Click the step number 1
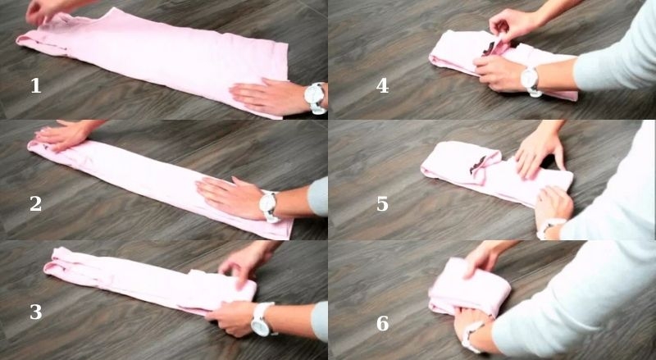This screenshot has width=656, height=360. click(x=35, y=85)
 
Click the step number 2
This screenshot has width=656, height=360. click(x=35, y=204)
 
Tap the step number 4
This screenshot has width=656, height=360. click(x=382, y=85)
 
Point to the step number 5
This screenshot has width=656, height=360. click(x=382, y=204)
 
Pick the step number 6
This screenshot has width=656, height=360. click(x=382, y=323)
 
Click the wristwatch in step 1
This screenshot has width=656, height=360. click(x=315, y=98)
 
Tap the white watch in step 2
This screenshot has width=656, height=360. click(x=268, y=205)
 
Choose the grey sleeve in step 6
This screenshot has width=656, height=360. click(x=574, y=312)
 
